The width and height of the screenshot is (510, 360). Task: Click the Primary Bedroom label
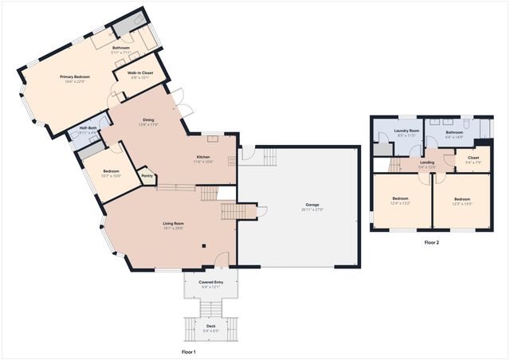pyautogui.click(x=75, y=76)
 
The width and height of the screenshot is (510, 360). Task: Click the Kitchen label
pyautogui.click(x=203, y=158)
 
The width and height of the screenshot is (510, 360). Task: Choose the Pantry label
pyautogui.click(x=147, y=176)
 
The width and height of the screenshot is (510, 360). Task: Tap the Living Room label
pyautogui.click(x=173, y=224)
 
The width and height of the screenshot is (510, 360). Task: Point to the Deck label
pyautogui.click(x=210, y=326)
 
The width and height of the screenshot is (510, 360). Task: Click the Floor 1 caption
pyautogui.click(x=189, y=351)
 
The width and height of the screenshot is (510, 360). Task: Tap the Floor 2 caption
pyautogui.click(x=431, y=242)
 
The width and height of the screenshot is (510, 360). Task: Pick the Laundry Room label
pyautogui.click(x=406, y=131)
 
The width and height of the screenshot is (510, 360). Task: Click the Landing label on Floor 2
pyautogui.click(x=427, y=162)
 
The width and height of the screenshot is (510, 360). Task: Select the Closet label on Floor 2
pyautogui.click(x=473, y=158)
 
